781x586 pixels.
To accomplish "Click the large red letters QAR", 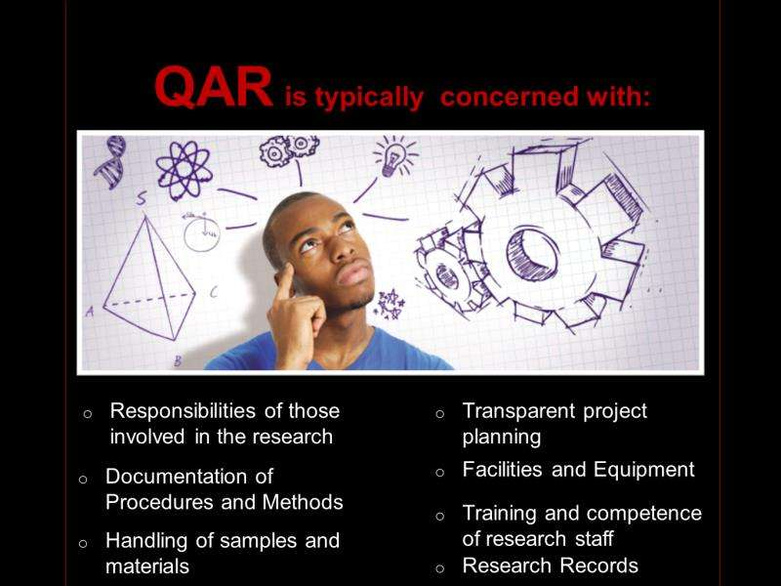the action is click(214, 87).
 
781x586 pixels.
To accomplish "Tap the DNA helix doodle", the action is click(110, 161).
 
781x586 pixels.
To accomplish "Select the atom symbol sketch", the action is click(184, 170).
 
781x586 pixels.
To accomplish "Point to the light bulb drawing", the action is click(393, 156).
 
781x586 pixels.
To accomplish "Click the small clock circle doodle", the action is click(202, 232).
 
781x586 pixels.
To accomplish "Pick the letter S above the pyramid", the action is click(142, 198).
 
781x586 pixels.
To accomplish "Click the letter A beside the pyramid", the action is click(90, 312).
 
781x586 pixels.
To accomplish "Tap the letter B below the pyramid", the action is click(178, 360).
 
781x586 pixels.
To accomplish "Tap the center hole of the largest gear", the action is click(532, 254).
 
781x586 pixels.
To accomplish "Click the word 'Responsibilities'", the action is click(183, 411).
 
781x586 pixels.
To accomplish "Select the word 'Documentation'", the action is click(177, 477).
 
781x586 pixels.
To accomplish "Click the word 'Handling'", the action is click(145, 542).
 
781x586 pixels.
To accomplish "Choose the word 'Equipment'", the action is click(644, 470).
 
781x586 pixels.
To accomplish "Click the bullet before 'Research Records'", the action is click(440, 568).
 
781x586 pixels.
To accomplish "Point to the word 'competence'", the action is click(647, 514).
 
